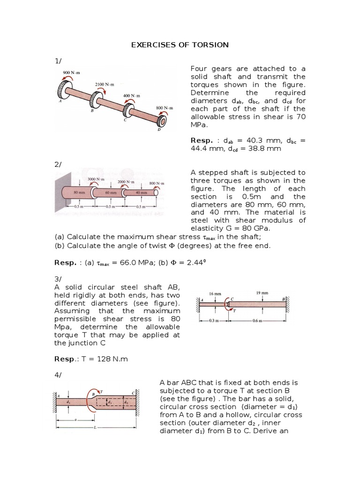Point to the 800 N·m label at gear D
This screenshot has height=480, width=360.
pyautogui.click(x=164, y=108)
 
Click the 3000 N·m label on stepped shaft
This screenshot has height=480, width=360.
pyautogui.click(x=96, y=180)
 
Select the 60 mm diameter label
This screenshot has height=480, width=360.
pyautogui.click(x=111, y=192)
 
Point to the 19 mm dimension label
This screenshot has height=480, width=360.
pyautogui.click(x=262, y=293)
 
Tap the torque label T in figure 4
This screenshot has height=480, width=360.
pyautogui.click(x=101, y=391)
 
